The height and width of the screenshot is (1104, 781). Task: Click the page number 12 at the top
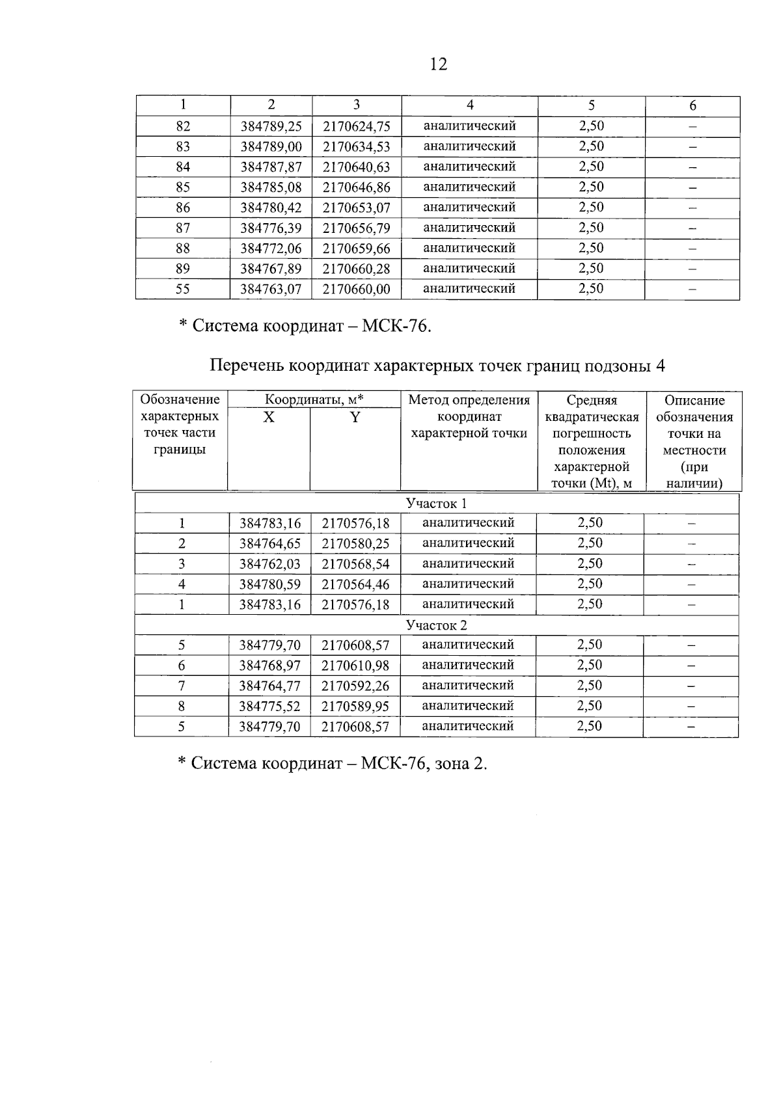pos(439,64)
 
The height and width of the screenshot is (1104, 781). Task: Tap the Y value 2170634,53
pos(356,147)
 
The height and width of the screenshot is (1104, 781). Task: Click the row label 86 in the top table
pos(183,208)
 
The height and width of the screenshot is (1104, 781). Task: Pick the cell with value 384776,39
pos(271,228)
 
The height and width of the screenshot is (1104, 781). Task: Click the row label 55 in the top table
pos(183,289)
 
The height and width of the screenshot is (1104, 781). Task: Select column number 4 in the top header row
pos(469,105)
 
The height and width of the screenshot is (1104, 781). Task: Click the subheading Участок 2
pos(436,626)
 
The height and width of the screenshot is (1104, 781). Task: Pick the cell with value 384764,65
pos(269,544)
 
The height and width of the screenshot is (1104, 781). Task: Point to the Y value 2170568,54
pos(355,564)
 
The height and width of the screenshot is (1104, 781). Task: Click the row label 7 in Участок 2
pos(182,686)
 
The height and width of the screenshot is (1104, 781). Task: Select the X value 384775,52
pos(269,707)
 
